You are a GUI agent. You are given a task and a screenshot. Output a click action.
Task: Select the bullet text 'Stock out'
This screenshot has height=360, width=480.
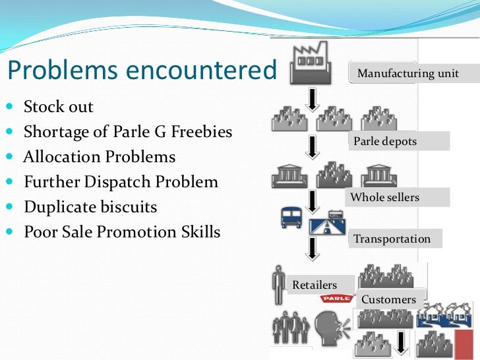click(59, 107)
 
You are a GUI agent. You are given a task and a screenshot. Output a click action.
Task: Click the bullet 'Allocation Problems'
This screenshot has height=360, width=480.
click(100, 157)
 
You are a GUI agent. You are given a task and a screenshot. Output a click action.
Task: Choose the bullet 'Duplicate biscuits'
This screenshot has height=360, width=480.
click(90, 207)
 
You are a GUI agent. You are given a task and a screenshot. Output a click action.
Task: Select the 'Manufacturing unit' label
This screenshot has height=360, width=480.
click(407, 73)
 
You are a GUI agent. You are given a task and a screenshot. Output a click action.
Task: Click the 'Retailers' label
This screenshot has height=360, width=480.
click(315, 285)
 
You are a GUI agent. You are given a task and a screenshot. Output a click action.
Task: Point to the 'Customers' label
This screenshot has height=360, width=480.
click(388, 299)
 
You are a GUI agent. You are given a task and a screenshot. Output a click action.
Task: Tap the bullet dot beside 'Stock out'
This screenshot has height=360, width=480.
click(9, 107)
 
